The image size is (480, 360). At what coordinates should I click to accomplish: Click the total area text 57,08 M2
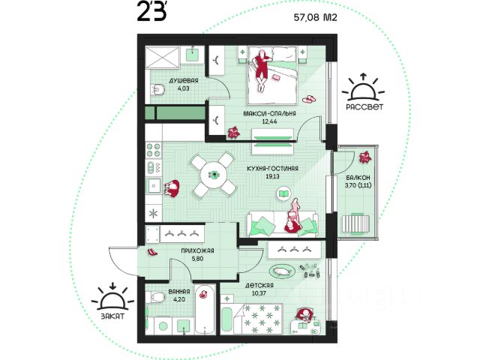tap(315, 17)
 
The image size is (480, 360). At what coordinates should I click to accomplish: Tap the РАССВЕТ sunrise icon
tap(363, 88)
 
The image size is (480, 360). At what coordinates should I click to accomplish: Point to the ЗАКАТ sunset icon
tap(113, 297)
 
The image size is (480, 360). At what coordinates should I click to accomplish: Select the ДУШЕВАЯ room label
tap(184, 80)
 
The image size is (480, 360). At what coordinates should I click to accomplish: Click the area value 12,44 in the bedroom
tap(269, 121)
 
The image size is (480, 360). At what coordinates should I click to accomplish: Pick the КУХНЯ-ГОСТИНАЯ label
tap(272, 168)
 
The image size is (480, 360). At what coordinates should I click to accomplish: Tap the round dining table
tap(214, 175)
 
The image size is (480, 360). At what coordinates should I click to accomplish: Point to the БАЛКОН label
tap(358, 178)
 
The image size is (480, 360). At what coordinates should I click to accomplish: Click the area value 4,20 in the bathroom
tap(179, 299)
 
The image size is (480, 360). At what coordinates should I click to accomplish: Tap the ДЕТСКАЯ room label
tap(259, 286)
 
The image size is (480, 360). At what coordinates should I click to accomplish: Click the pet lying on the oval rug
tap(282, 271)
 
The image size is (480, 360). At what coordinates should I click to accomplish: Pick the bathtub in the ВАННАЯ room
tap(205, 310)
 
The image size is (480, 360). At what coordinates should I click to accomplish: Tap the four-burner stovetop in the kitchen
tap(153, 150)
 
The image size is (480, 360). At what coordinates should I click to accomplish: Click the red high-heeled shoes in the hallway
tap(152, 252)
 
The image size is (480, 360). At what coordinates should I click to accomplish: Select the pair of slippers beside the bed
tap(310, 99)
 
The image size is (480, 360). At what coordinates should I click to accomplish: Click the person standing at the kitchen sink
tap(172, 188)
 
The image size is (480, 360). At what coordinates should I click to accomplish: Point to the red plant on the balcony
tap(365, 157)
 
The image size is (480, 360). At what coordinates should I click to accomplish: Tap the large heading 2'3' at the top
tap(152, 13)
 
